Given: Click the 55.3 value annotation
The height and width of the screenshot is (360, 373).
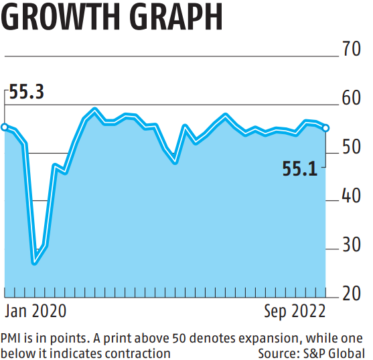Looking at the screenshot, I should (x=27, y=93).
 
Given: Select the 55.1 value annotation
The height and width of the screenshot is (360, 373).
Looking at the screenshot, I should (x=299, y=170).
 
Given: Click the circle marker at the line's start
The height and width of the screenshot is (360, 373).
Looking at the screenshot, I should (x=4, y=127).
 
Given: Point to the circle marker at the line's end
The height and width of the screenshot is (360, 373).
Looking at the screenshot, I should (x=326, y=128).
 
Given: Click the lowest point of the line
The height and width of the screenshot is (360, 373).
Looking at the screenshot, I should (x=34, y=262).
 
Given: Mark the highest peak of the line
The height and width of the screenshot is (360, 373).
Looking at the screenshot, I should (x=94, y=109).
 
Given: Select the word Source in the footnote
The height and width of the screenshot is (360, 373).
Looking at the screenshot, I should (x=279, y=352).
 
